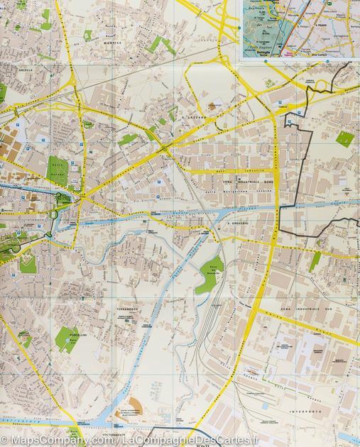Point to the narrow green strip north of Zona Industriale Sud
315,260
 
